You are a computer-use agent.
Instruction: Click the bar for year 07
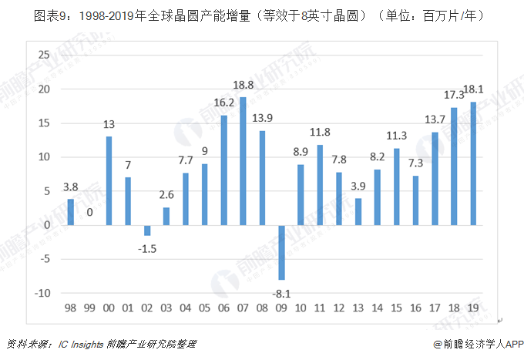(243, 161)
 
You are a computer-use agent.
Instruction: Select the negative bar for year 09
(281, 252)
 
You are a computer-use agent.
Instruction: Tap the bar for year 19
(472, 163)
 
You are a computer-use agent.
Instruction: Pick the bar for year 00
(109, 180)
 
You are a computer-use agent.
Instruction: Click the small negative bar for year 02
(147, 230)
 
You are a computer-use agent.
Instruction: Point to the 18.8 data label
(244, 86)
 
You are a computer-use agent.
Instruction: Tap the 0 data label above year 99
(89, 211)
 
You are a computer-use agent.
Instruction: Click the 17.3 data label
(453, 96)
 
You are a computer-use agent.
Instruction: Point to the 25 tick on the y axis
(43, 55)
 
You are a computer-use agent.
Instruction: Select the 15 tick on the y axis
(43, 123)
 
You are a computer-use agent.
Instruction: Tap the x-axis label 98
(70, 308)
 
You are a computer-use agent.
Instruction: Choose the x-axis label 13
(358, 308)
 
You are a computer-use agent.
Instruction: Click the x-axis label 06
(223, 308)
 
